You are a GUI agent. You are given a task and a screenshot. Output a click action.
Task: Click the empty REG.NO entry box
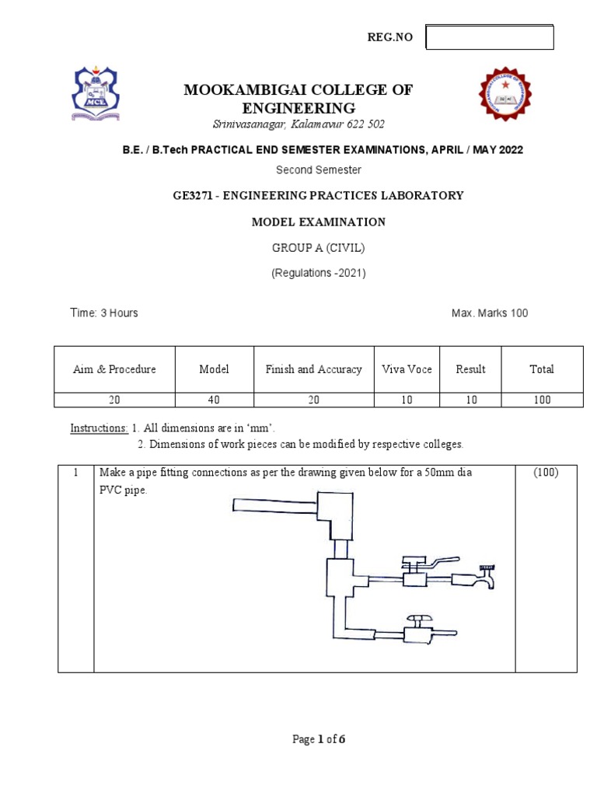pos(490,37)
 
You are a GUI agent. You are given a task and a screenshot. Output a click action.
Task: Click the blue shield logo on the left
pos(96,93)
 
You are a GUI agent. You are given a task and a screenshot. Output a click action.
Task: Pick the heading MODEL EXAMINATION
pos(318,222)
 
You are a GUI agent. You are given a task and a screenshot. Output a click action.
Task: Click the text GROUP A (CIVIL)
pos(318,248)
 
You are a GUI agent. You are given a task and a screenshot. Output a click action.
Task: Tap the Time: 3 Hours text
pos(104,312)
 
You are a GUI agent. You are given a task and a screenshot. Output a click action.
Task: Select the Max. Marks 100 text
pos(490,312)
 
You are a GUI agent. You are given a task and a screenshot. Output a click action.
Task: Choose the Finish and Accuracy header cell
pos(313,369)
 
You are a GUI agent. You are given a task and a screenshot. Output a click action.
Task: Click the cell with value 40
pos(215,400)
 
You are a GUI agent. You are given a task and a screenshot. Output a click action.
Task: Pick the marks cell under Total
pos(542,400)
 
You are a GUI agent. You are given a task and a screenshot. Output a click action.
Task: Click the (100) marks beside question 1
pos(546,473)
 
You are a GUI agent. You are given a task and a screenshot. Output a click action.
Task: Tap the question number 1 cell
pos(75,473)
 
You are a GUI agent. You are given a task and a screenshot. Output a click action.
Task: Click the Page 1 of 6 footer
pos(319,739)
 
